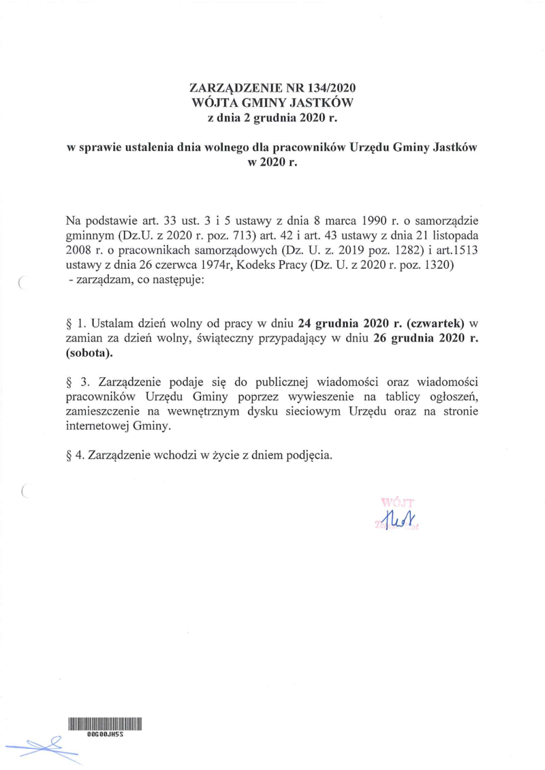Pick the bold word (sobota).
coord(89,353)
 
